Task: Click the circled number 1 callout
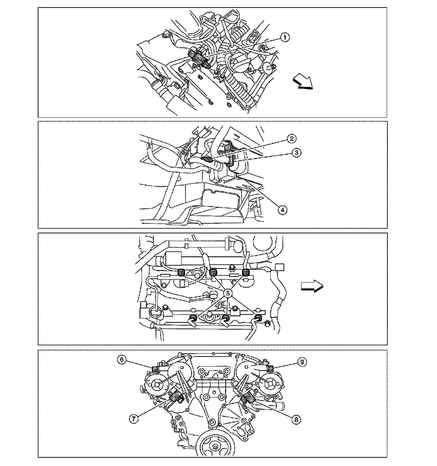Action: (x=285, y=37)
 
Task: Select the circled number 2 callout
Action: (x=291, y=139)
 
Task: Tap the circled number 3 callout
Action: (x=296, y=153)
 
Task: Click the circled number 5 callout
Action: (x=227, y=293)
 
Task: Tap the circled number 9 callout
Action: (x=302, y=362)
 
